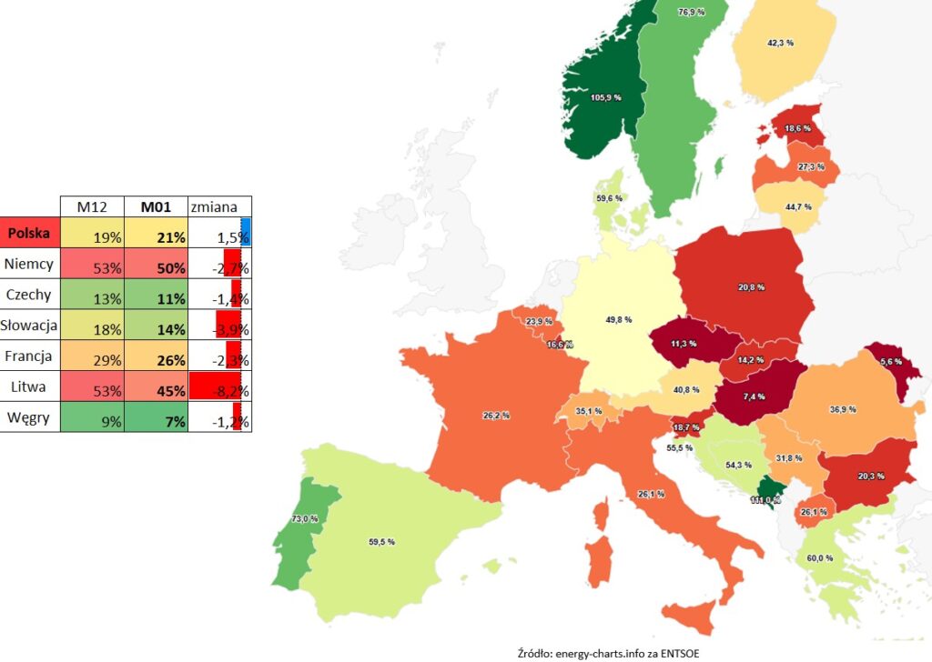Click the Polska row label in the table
[30, 233]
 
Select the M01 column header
[156, 206]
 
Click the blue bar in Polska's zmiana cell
[245, 233]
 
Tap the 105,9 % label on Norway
[604, 97]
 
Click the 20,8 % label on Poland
[751, 287]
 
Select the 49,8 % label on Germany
[617, 319]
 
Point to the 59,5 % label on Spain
[381, 541]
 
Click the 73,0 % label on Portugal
[304, 518]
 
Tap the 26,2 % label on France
[496, 416]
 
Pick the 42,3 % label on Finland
[781, 43]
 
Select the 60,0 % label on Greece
[820, 557]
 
